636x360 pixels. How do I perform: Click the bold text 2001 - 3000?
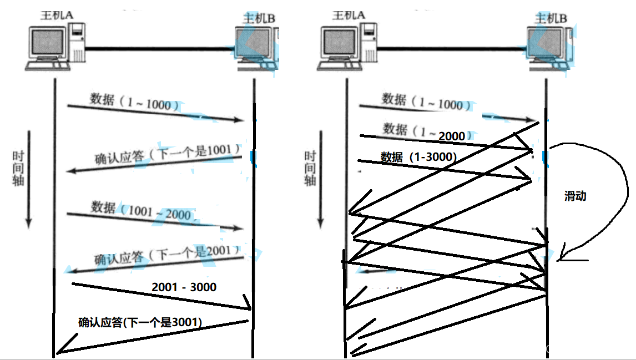(x=184, y=287)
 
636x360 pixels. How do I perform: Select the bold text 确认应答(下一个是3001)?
(x=140, y=322)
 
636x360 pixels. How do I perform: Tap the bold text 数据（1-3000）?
(x=419, y=157)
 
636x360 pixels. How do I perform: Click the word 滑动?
(x=575, y=196)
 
